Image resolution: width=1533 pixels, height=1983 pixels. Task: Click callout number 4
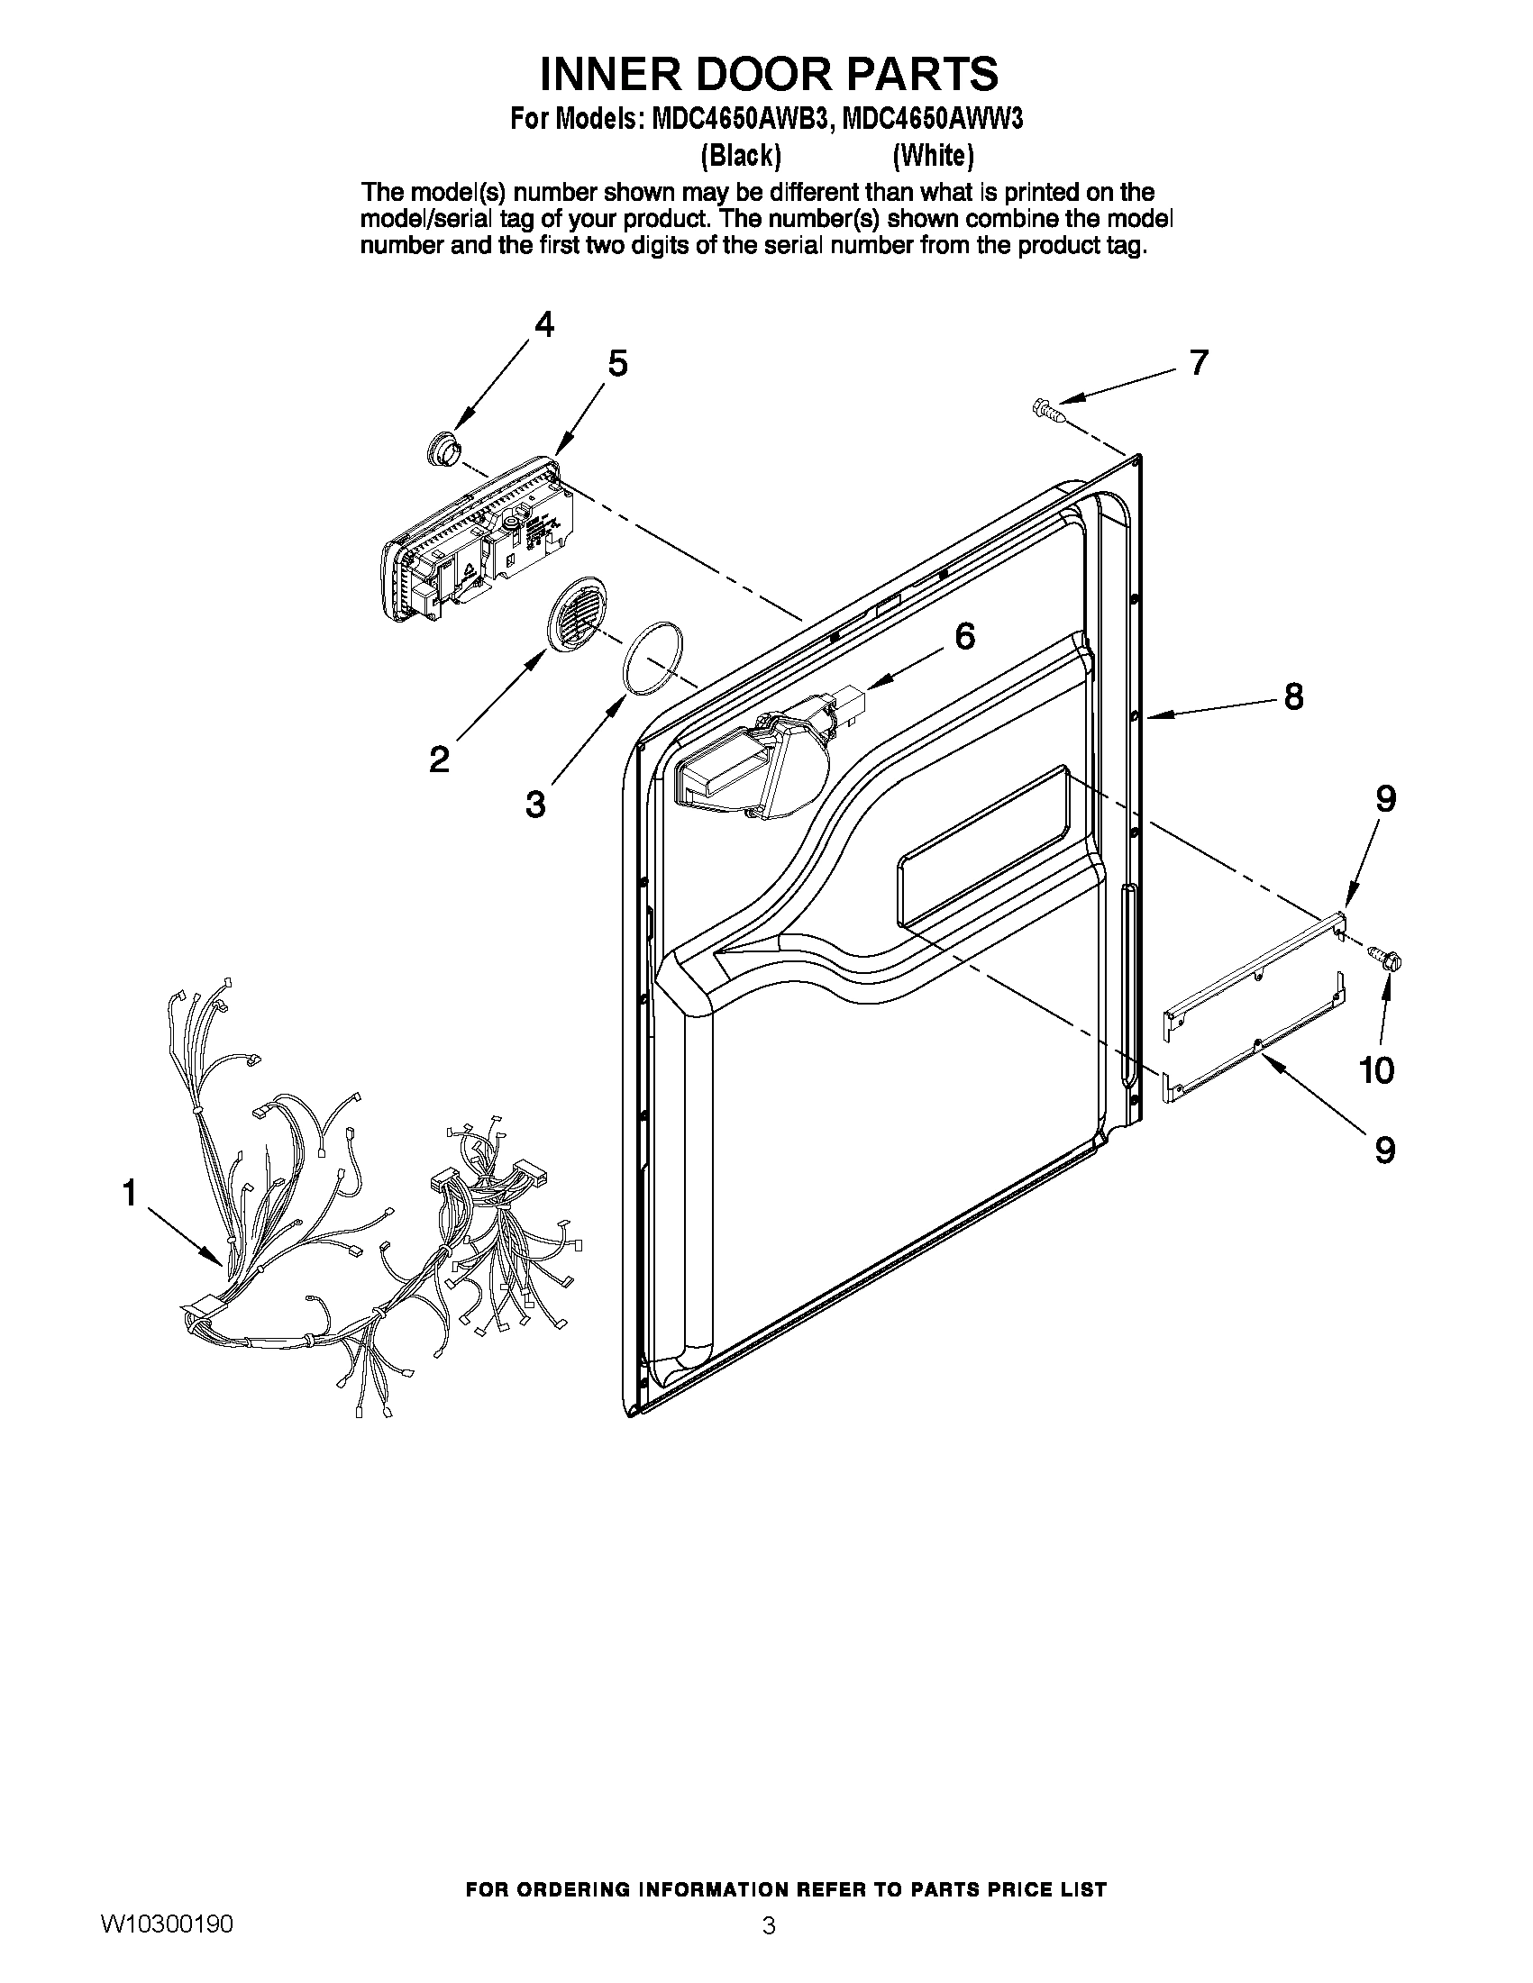[543, 324]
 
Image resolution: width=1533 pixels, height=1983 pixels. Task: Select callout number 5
[616, 364]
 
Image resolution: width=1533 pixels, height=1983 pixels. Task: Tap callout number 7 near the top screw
[1199, 362]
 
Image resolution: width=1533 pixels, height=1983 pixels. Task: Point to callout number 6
[964, 636]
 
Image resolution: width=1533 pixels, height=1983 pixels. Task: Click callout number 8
[1293, 696]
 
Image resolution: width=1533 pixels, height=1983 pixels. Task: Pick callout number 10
[1377, 1070]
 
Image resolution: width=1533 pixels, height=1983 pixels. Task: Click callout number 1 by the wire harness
[130, 1193]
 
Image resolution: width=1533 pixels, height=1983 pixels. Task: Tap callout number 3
[536, 804]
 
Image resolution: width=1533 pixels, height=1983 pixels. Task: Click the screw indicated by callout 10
[1386, 957]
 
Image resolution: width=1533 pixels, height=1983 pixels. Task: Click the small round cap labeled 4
[443, 449]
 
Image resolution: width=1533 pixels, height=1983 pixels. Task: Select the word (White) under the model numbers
[933, 156]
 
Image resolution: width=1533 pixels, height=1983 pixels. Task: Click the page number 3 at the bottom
[769, 1926]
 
